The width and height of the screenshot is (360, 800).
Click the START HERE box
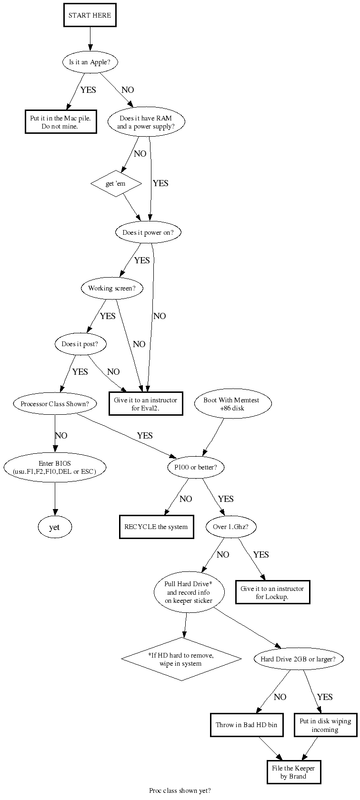pyautogui.click(x=90, y=16)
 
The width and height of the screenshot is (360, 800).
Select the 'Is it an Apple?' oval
pyautogui.click(x=90, y=62)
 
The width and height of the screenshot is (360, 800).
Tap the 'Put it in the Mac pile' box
pyautogui.click(x=60, y=122)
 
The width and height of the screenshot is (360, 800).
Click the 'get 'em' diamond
pyautogui.click(x=116, y=183)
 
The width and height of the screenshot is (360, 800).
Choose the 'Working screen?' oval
pyautogui.click(x=111, y=288)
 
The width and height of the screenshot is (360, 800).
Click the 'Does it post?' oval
pyautogui.click(x=80, y=344)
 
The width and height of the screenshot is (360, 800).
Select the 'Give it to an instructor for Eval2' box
pyautogui.click(x=145, y=404)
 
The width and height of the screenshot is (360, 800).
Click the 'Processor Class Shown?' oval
pyautogui.click(x=55, y=404)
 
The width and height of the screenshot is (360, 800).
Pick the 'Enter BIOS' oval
pyautogui.click(x=55, y=467)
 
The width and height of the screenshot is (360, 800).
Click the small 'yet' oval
pyautogui.click(x=55, y=527)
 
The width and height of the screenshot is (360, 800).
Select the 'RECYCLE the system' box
pyautogui.click(x=156, y=527)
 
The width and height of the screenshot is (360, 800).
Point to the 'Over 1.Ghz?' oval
pyautogui.click(x=231, y=527)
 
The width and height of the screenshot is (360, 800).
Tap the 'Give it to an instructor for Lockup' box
pyautogui.click(x=272, y=592)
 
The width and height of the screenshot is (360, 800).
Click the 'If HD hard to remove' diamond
pyautogui.click(x=181, y=660)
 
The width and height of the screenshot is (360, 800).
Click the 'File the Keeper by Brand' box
pyautogui.click(x=293, y=772)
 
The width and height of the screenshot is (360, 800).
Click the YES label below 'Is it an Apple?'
pyautogui.click(x=88, y=90)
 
